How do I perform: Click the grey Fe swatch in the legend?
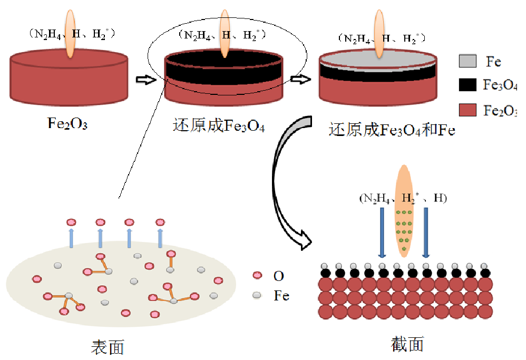click(468, 61)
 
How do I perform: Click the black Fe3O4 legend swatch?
click(468, 85)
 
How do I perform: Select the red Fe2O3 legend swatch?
click(468, 110)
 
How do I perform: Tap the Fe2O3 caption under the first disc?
click(67, 125)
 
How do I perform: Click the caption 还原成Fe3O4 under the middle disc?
click(218, 126)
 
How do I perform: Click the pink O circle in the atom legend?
click(257, 275)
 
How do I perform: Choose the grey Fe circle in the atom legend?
click(257, 295)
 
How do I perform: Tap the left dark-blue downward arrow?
click(382, 232)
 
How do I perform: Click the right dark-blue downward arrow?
click(426, 232)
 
